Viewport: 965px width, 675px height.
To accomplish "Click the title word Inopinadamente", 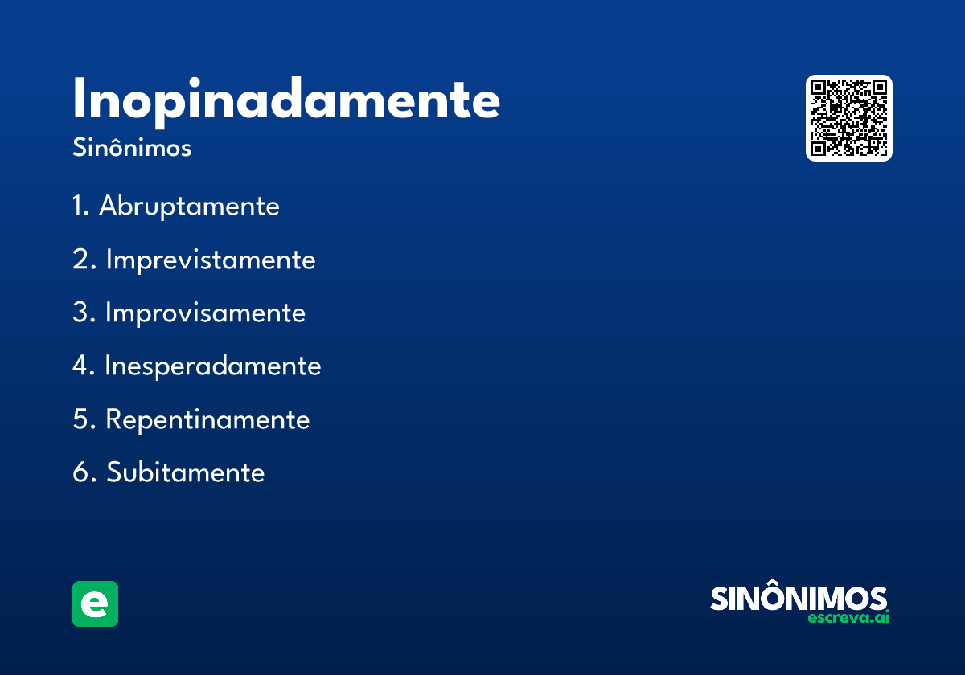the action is [286, 101].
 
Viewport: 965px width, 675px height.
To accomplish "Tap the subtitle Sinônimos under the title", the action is [132, 148].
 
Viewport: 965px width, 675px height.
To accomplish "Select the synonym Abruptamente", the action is [189, 206].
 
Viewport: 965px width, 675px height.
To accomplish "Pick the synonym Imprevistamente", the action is [211, 260].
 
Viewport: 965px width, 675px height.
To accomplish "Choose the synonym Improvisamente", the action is [206, 313].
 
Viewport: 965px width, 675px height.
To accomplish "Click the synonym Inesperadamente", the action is [213, 366].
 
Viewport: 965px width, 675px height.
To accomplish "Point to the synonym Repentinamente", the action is [207, 419].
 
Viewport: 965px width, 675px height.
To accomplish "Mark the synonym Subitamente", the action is [185, 472].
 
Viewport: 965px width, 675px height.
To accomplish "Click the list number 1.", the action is [80, 205].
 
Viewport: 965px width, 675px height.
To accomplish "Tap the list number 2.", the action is [84, 259].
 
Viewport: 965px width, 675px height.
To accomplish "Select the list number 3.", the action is [84, 312].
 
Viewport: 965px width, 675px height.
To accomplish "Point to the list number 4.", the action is [83, 366].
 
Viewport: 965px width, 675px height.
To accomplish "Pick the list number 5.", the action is [84, 419].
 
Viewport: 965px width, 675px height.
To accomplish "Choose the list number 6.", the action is [84, 472].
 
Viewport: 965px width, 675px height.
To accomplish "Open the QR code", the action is [849, 118].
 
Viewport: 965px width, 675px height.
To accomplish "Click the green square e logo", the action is [95, 603].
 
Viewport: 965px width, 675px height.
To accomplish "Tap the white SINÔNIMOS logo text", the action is [799, 598].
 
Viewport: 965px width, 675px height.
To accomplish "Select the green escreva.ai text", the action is [848, 618].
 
